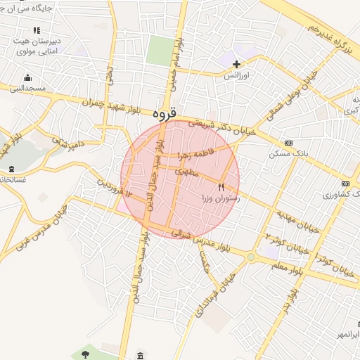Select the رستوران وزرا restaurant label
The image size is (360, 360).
coord(221,198)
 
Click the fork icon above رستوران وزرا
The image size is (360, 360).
coord(221,187)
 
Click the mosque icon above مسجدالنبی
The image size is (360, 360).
coord(27,77)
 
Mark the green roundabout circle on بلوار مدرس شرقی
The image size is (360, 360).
coord(251,257)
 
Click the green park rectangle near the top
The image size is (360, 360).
coord(161,51)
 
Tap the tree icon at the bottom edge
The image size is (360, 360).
coord(85,354)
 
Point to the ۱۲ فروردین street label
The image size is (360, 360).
coord(114,187)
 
